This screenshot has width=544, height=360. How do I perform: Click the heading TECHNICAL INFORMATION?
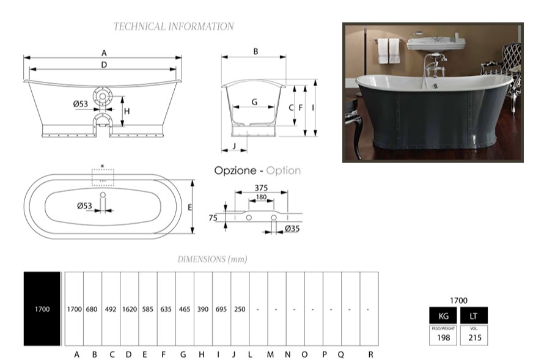(x=174, y=27)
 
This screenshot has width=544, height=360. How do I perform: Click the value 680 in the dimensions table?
(x=92, y=309)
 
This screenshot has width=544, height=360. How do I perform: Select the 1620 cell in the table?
(x=129, y=309)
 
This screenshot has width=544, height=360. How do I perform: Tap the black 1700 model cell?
(x=42, y=309)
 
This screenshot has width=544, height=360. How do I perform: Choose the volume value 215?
(x=474, y=336)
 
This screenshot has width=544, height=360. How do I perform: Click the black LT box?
(x=474, y=315)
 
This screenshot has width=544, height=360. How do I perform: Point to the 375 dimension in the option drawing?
(x=262, y=188)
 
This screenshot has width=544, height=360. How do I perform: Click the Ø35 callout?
(x=292, y=229)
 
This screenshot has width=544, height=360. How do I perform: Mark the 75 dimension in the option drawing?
(x=213, y=218)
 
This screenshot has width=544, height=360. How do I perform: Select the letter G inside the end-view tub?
(x=254, y=102)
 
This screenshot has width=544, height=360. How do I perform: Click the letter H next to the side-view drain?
(x=127, y=112)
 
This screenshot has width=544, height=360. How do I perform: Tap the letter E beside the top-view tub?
(x=190, y=208)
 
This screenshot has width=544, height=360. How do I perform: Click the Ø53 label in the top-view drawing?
(x=84, y=206)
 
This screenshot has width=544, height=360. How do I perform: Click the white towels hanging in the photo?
(x=383, y=51)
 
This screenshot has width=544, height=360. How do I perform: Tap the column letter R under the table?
(x=371, y=354)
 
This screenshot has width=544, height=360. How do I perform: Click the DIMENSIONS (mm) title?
(x=212, y=259)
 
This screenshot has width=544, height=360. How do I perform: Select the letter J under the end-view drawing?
(x=234, y=146)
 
